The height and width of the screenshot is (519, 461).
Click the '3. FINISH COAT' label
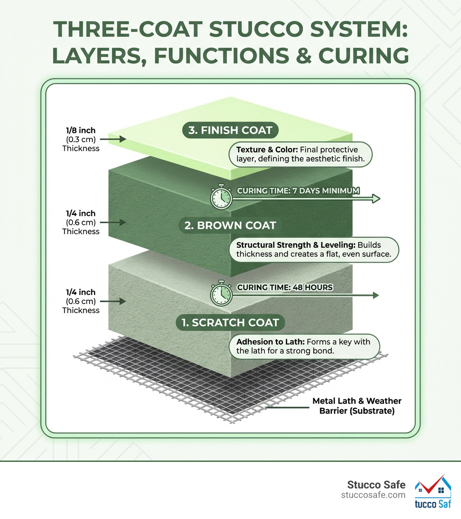(x=230, y=130)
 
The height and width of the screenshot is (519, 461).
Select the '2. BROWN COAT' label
(x=230, y=225)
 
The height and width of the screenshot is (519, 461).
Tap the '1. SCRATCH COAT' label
(x=230, y=322)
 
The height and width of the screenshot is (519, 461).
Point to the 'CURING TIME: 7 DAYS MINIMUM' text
(x=298, y=190)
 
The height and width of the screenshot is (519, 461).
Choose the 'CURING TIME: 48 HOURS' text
(x=285, y=287)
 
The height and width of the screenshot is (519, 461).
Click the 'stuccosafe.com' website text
(x=374, y=495)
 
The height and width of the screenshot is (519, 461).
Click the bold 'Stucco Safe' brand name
(x=376, y=485)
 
